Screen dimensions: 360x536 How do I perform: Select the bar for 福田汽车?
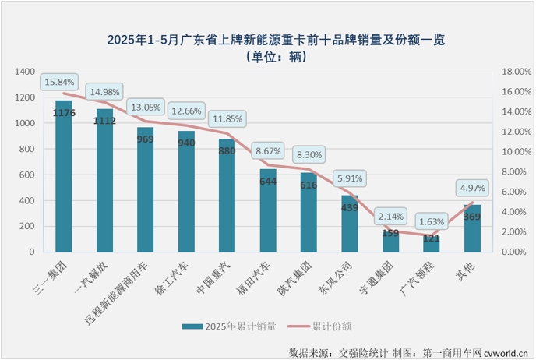point(267,210)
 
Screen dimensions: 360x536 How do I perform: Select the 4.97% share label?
point(473,188)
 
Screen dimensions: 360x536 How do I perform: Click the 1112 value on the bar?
point(104,121)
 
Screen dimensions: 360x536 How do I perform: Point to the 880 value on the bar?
point(227,151)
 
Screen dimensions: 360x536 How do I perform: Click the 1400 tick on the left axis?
point(24,72)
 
